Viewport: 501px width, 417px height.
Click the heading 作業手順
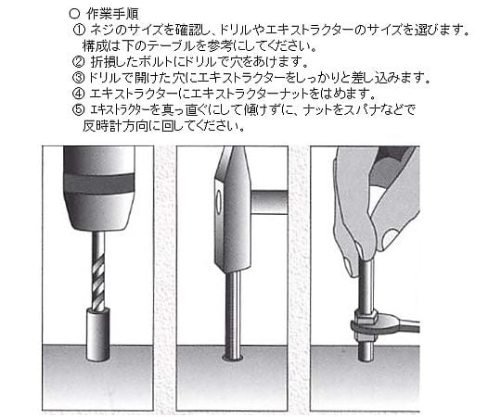coord(112,14)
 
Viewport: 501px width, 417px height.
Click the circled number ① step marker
coord(79,31)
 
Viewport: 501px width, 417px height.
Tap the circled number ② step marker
coord(79,62)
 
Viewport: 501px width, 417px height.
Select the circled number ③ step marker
coord(79,78)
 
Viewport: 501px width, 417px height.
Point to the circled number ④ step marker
coord(79,94)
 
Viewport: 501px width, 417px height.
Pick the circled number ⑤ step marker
coord(79,109)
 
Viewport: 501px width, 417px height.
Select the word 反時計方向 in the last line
coord(115,126)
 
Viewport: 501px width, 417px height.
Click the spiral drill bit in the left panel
coord(98,271)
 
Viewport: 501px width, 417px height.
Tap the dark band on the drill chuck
coord(99,183)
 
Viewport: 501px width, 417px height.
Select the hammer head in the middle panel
coord(232,209)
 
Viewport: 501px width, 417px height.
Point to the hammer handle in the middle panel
coord(270,202)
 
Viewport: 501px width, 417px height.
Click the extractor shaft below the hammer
coord(233,315)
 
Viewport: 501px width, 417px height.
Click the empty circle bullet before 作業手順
coord(74,14)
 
